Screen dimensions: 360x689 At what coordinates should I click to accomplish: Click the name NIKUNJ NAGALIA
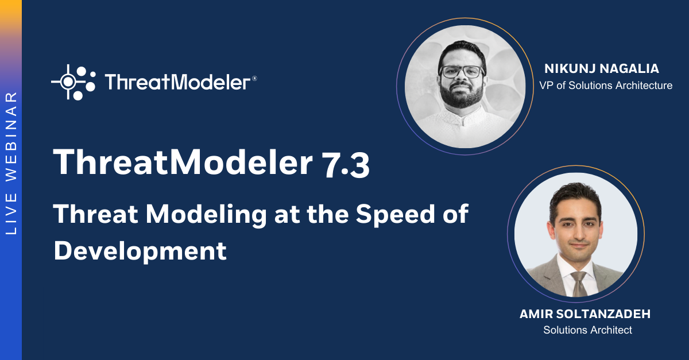tap(602, 69)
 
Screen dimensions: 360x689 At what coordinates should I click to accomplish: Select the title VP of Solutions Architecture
tap(606, 86)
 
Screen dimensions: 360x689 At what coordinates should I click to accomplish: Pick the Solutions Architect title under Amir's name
tap(587, 330)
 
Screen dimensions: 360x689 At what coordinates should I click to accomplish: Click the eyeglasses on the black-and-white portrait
tap(462, 72)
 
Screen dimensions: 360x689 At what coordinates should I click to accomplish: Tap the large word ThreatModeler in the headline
tap(182, 163)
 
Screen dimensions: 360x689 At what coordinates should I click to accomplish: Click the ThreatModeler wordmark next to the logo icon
tap(177, 82)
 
